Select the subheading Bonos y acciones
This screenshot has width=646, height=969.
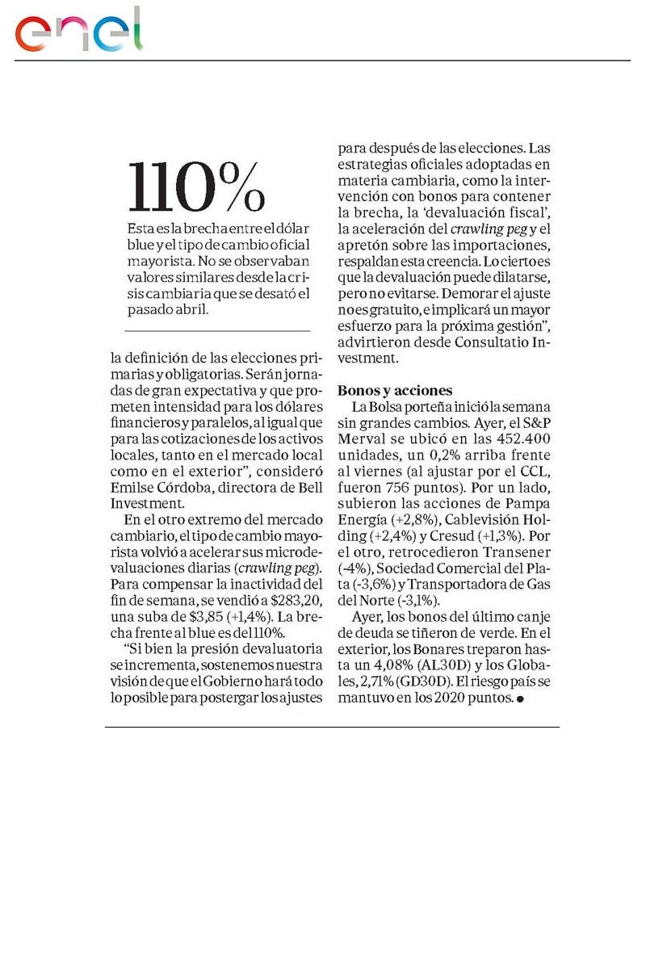click(395, 390)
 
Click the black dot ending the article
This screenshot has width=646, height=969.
click(520, 700)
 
